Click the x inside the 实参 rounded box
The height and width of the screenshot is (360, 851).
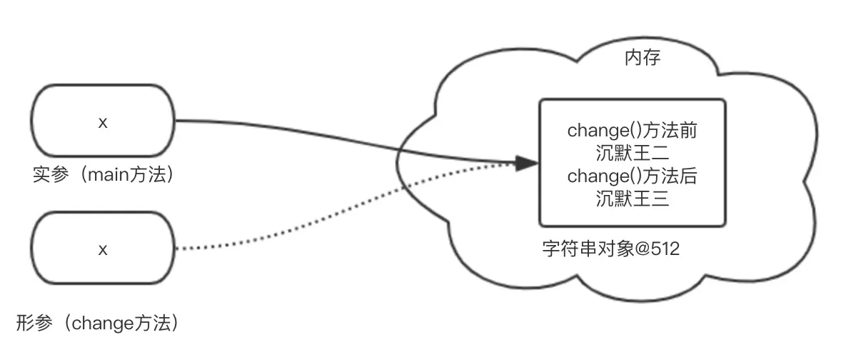[103, 122]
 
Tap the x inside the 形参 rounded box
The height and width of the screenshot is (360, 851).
[103, 249]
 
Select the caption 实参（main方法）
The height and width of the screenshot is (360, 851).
[104, 174]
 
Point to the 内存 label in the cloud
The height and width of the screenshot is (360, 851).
[642, 58]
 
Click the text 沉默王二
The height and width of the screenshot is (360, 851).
[632, 154]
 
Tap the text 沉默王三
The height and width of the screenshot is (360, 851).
[632, 199]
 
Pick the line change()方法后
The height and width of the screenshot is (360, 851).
[632, 176]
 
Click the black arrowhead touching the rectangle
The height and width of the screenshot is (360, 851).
[526, 163]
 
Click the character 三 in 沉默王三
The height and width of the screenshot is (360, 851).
[660, 199]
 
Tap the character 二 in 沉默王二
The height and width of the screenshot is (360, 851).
[660, 154]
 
